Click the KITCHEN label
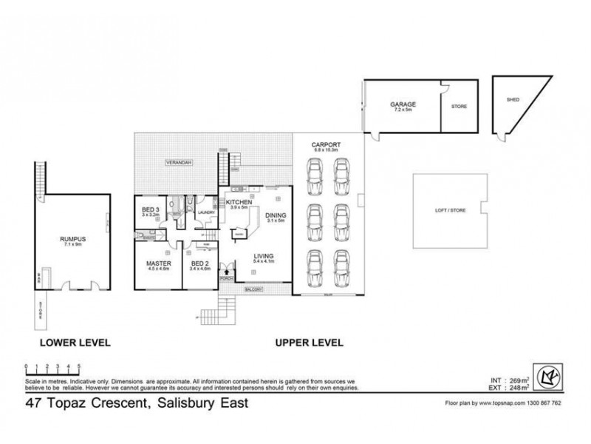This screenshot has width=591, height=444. point(241,202)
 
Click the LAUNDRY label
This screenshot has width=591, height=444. point(206,212)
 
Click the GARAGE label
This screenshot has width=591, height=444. point(402,105)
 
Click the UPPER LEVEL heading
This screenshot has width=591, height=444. point(309,343)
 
